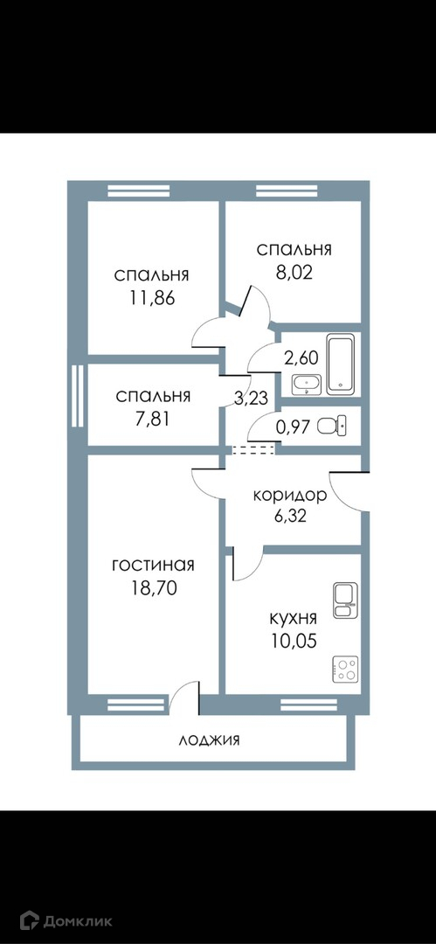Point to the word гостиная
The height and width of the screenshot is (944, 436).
[x=153, y=566]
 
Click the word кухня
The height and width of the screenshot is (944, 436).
[x=294, y=618]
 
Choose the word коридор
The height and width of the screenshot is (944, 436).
[x=290, y=496]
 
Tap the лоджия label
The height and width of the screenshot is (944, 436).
[x=209, y=740]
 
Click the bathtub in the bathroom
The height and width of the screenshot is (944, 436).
[x=343, y=365]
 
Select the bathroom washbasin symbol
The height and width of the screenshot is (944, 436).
[x=308, y=385]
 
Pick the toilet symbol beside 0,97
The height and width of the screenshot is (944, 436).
[x=330, y=426]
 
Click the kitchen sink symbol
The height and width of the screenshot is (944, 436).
[x=345, y=600]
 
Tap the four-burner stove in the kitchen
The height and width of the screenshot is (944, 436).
[x=345, y=669]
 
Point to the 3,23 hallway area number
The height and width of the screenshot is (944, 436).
[x=247, y=398]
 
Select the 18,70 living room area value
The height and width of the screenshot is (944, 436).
[x=153, y=588]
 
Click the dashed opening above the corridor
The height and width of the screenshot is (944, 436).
[x=252, y=449]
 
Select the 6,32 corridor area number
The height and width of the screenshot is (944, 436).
[x=290, y=517]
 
